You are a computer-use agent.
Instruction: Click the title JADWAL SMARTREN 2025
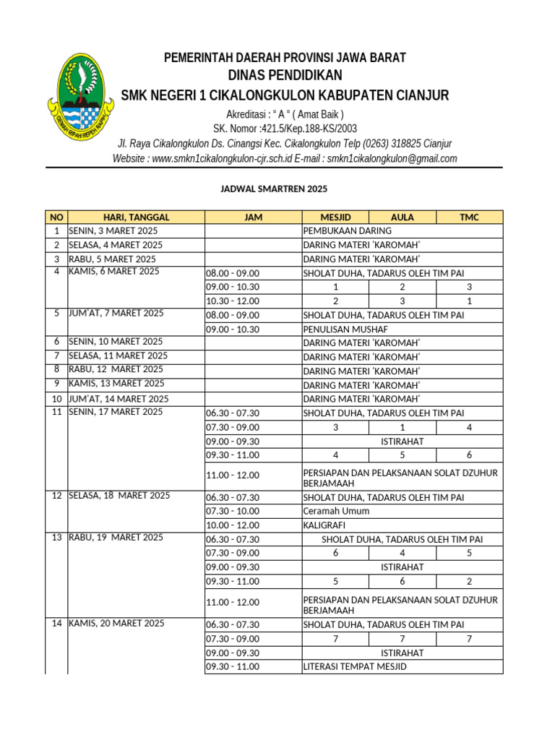[x=274, y=189]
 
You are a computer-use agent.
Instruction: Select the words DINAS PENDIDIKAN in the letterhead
[x=285, y=76]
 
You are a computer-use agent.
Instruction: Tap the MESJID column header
[x=335, y=217]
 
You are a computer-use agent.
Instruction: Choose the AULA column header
[x=402, y=217]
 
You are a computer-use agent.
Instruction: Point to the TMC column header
[x=469, y=217]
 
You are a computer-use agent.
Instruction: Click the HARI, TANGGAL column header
[x=136, y=217]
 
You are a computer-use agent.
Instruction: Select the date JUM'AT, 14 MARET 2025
[x=119, y=399]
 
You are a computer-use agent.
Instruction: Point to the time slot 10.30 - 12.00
[x=233, y=301]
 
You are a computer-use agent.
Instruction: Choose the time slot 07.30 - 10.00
[x=233, y=511]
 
